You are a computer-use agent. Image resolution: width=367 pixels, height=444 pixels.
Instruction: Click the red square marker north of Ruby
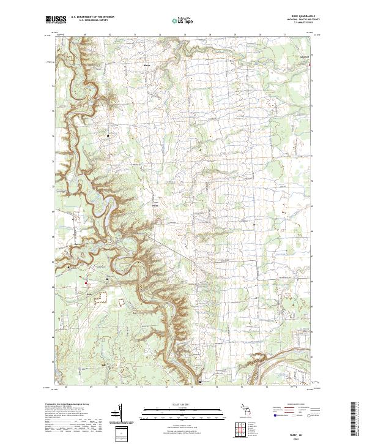pos(86,282)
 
